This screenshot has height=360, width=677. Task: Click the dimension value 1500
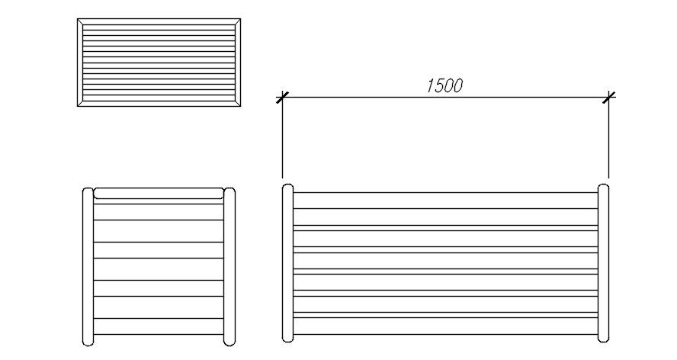(x=444, y=85)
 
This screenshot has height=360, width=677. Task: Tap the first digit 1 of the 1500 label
(x=429, y=85)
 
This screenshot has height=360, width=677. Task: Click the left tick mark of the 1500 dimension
(x=282, y=97)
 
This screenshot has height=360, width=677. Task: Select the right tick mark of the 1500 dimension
(x=608, y=97)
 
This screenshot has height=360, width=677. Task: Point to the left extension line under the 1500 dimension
(x=282, y=141)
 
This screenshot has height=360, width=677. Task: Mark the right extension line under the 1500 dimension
(x=608, y=141)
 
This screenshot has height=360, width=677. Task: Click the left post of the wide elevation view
(x=287, y=262)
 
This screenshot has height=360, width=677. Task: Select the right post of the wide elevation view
(x=603, y=262)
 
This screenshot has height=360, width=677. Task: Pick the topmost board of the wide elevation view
(x=445, y=201)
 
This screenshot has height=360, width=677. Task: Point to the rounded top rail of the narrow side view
(x=158, y=194)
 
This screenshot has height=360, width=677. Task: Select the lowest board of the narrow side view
(x=158, y=326)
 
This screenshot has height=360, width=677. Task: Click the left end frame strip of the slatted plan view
(x=80, y=63)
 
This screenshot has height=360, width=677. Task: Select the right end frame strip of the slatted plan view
(x=239, y=63)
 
